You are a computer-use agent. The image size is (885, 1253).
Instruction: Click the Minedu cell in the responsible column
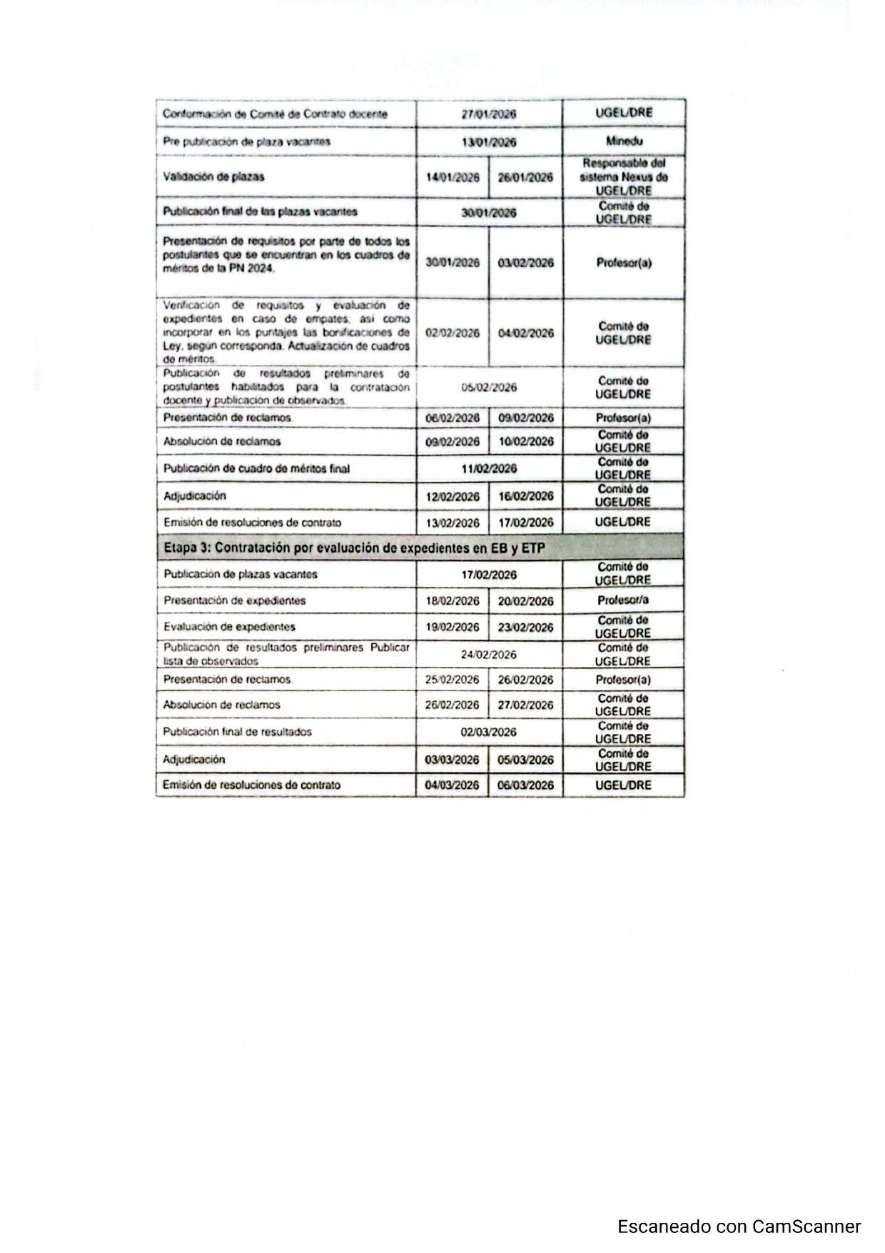(x=623, y=141)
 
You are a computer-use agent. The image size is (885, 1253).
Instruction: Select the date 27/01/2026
(x=489, y=114)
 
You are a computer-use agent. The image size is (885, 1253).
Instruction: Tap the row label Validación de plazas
(x=213, y=176)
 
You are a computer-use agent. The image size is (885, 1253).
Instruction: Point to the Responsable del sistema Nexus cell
(x=623, y=177)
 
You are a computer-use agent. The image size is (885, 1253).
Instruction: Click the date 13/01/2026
(x=489, y=142)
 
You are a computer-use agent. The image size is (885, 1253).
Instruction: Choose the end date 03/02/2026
(x=525, y=263)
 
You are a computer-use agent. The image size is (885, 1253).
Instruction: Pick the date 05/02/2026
(x=489, y=388)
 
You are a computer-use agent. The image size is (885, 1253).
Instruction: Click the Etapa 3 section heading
(x=354, y=548)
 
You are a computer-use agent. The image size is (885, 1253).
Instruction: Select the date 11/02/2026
(x=489, y=468)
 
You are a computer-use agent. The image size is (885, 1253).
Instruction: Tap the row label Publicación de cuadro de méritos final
(x=256, y=468)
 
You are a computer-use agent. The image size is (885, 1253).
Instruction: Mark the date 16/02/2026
(x=525, y=496)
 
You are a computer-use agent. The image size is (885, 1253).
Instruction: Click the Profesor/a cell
(x=623, y=600)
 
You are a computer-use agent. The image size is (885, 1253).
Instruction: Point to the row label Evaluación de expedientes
(x=229, y=627)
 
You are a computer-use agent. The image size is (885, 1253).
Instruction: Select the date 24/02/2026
(x=489, y=655)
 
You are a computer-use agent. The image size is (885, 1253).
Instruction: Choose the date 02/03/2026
(x=489, y=732)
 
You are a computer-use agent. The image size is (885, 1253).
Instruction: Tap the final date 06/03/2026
(x=525, y=785)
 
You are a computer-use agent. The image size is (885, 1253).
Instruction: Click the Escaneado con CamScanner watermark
(x=739, y=1226)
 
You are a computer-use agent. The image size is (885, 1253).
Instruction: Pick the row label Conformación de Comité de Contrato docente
(x=275, y=114)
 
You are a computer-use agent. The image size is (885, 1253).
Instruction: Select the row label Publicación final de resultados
(x=237, y=732)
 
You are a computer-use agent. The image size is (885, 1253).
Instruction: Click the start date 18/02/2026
(x=452, y=601)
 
